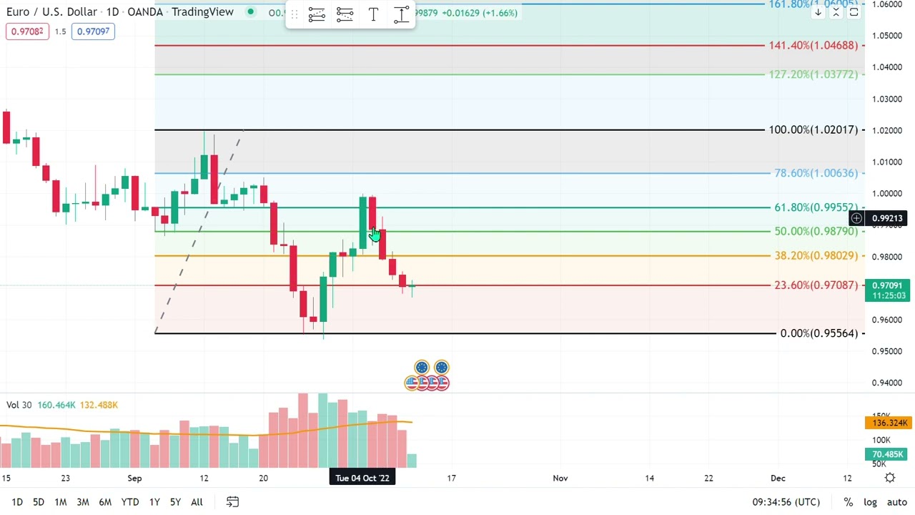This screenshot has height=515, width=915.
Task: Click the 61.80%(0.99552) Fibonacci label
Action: point(816,207)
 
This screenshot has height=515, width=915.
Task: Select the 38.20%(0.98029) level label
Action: point(816,256)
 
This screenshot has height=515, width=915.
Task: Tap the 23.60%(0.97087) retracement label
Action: point(816,285)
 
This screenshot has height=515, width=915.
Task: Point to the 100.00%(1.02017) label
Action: point(813,130)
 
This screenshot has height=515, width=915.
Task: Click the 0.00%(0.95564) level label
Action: point(818,333)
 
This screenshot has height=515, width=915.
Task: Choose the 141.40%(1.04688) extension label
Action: point(813,46)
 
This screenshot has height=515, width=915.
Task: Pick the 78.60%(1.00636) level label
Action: point(816,173)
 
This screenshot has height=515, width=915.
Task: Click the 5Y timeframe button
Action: point(175,502)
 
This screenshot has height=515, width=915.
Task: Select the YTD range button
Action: point(130,502)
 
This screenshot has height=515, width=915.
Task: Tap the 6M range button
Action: point(105,502)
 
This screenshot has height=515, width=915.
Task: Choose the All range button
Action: point(197,502)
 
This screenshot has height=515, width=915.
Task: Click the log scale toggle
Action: point(870,502)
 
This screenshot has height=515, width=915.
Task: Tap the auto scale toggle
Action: point(896,502)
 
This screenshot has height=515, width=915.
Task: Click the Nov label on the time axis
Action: point(560,478)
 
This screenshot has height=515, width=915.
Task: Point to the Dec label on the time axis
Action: point(778,478)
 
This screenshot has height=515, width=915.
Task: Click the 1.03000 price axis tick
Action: point(887,99)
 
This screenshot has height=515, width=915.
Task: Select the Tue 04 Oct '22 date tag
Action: point(362,478)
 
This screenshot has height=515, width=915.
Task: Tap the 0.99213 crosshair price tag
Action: point(887,218)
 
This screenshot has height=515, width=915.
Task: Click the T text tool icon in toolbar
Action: point(373,14)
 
